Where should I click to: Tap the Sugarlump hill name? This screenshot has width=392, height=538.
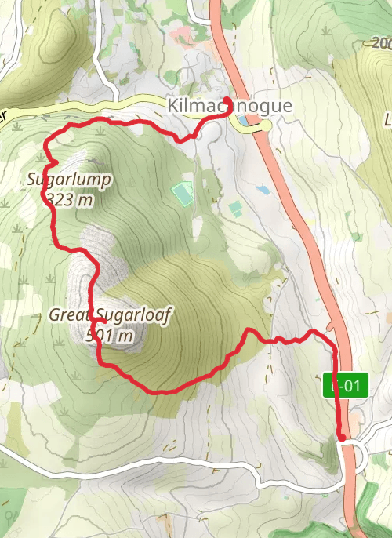coord(70,180)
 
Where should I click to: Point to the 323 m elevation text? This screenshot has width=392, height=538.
coord(70,199)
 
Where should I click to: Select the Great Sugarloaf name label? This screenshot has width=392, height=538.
coord(110,315)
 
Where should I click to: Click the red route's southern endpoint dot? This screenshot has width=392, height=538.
coord(342,437)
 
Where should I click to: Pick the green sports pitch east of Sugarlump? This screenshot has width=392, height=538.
coord(183,192)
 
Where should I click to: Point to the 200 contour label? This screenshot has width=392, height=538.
coord(382,42)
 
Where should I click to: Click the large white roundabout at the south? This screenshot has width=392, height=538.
coord(352,454)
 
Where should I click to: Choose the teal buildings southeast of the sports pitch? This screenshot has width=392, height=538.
coord(236,208)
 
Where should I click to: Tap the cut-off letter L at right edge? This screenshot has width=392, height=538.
coord(387,120)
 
